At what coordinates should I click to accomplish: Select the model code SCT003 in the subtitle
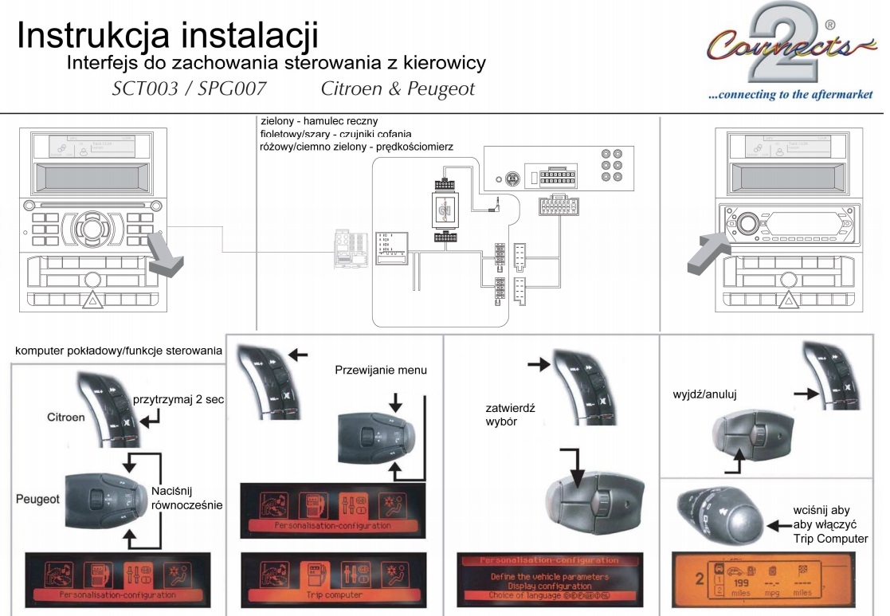(x=147, y=88)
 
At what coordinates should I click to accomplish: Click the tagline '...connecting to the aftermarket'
(x=790, y=95)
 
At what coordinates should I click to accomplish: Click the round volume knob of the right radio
(x=747, y=223)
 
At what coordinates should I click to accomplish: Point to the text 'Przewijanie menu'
(x=381, y=370)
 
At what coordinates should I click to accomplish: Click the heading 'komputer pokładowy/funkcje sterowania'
(x=119, y=351)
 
